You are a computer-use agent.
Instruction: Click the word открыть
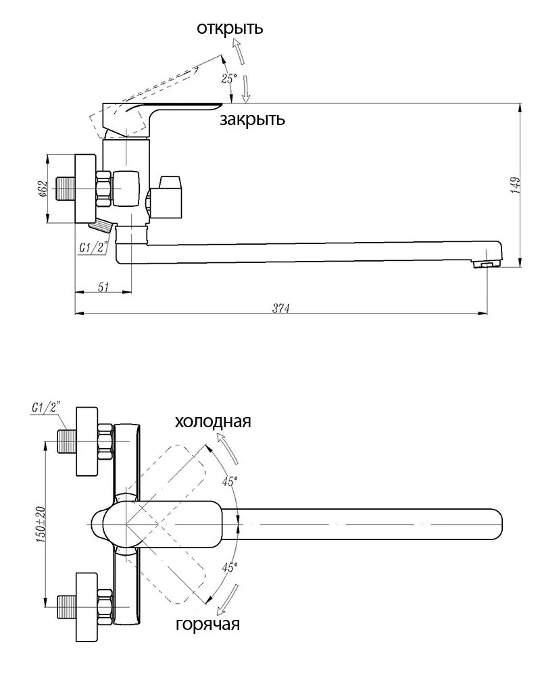coord(230,28)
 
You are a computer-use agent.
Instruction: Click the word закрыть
coord(251,120)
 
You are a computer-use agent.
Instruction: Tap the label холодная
coord(213,422)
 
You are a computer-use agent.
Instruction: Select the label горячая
coord(207,623)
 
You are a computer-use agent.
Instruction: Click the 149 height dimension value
coord(516,185)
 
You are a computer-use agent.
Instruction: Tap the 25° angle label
coord(228,78)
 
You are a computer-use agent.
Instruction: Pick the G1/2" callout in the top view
coord(47,408)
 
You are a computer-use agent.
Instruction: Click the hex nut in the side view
coord(103,189)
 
